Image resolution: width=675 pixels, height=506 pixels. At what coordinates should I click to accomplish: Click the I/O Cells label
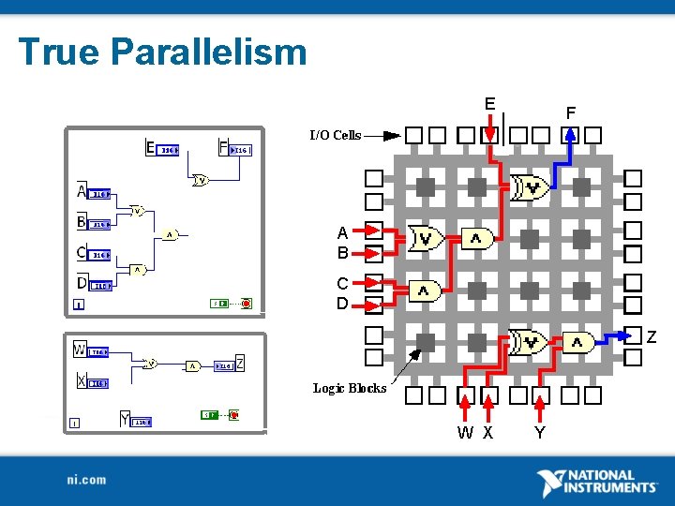pos(336,135)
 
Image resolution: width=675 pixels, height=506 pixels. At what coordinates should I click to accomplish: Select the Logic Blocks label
pos(350,388)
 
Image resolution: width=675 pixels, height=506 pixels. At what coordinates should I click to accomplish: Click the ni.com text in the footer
pos(86,480)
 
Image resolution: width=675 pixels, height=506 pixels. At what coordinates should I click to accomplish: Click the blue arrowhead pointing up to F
pos(571,133)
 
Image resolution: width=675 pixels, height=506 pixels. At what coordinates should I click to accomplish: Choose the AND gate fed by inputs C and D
pos(425,292)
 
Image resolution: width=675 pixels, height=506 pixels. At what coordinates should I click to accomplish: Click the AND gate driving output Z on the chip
pos(577,344)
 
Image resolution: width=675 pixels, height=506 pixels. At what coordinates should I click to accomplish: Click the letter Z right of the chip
pos(652,336)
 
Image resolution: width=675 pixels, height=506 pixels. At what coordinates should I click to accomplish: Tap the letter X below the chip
pos(488,433)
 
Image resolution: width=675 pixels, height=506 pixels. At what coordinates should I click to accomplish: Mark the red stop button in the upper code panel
pos(247,304)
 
